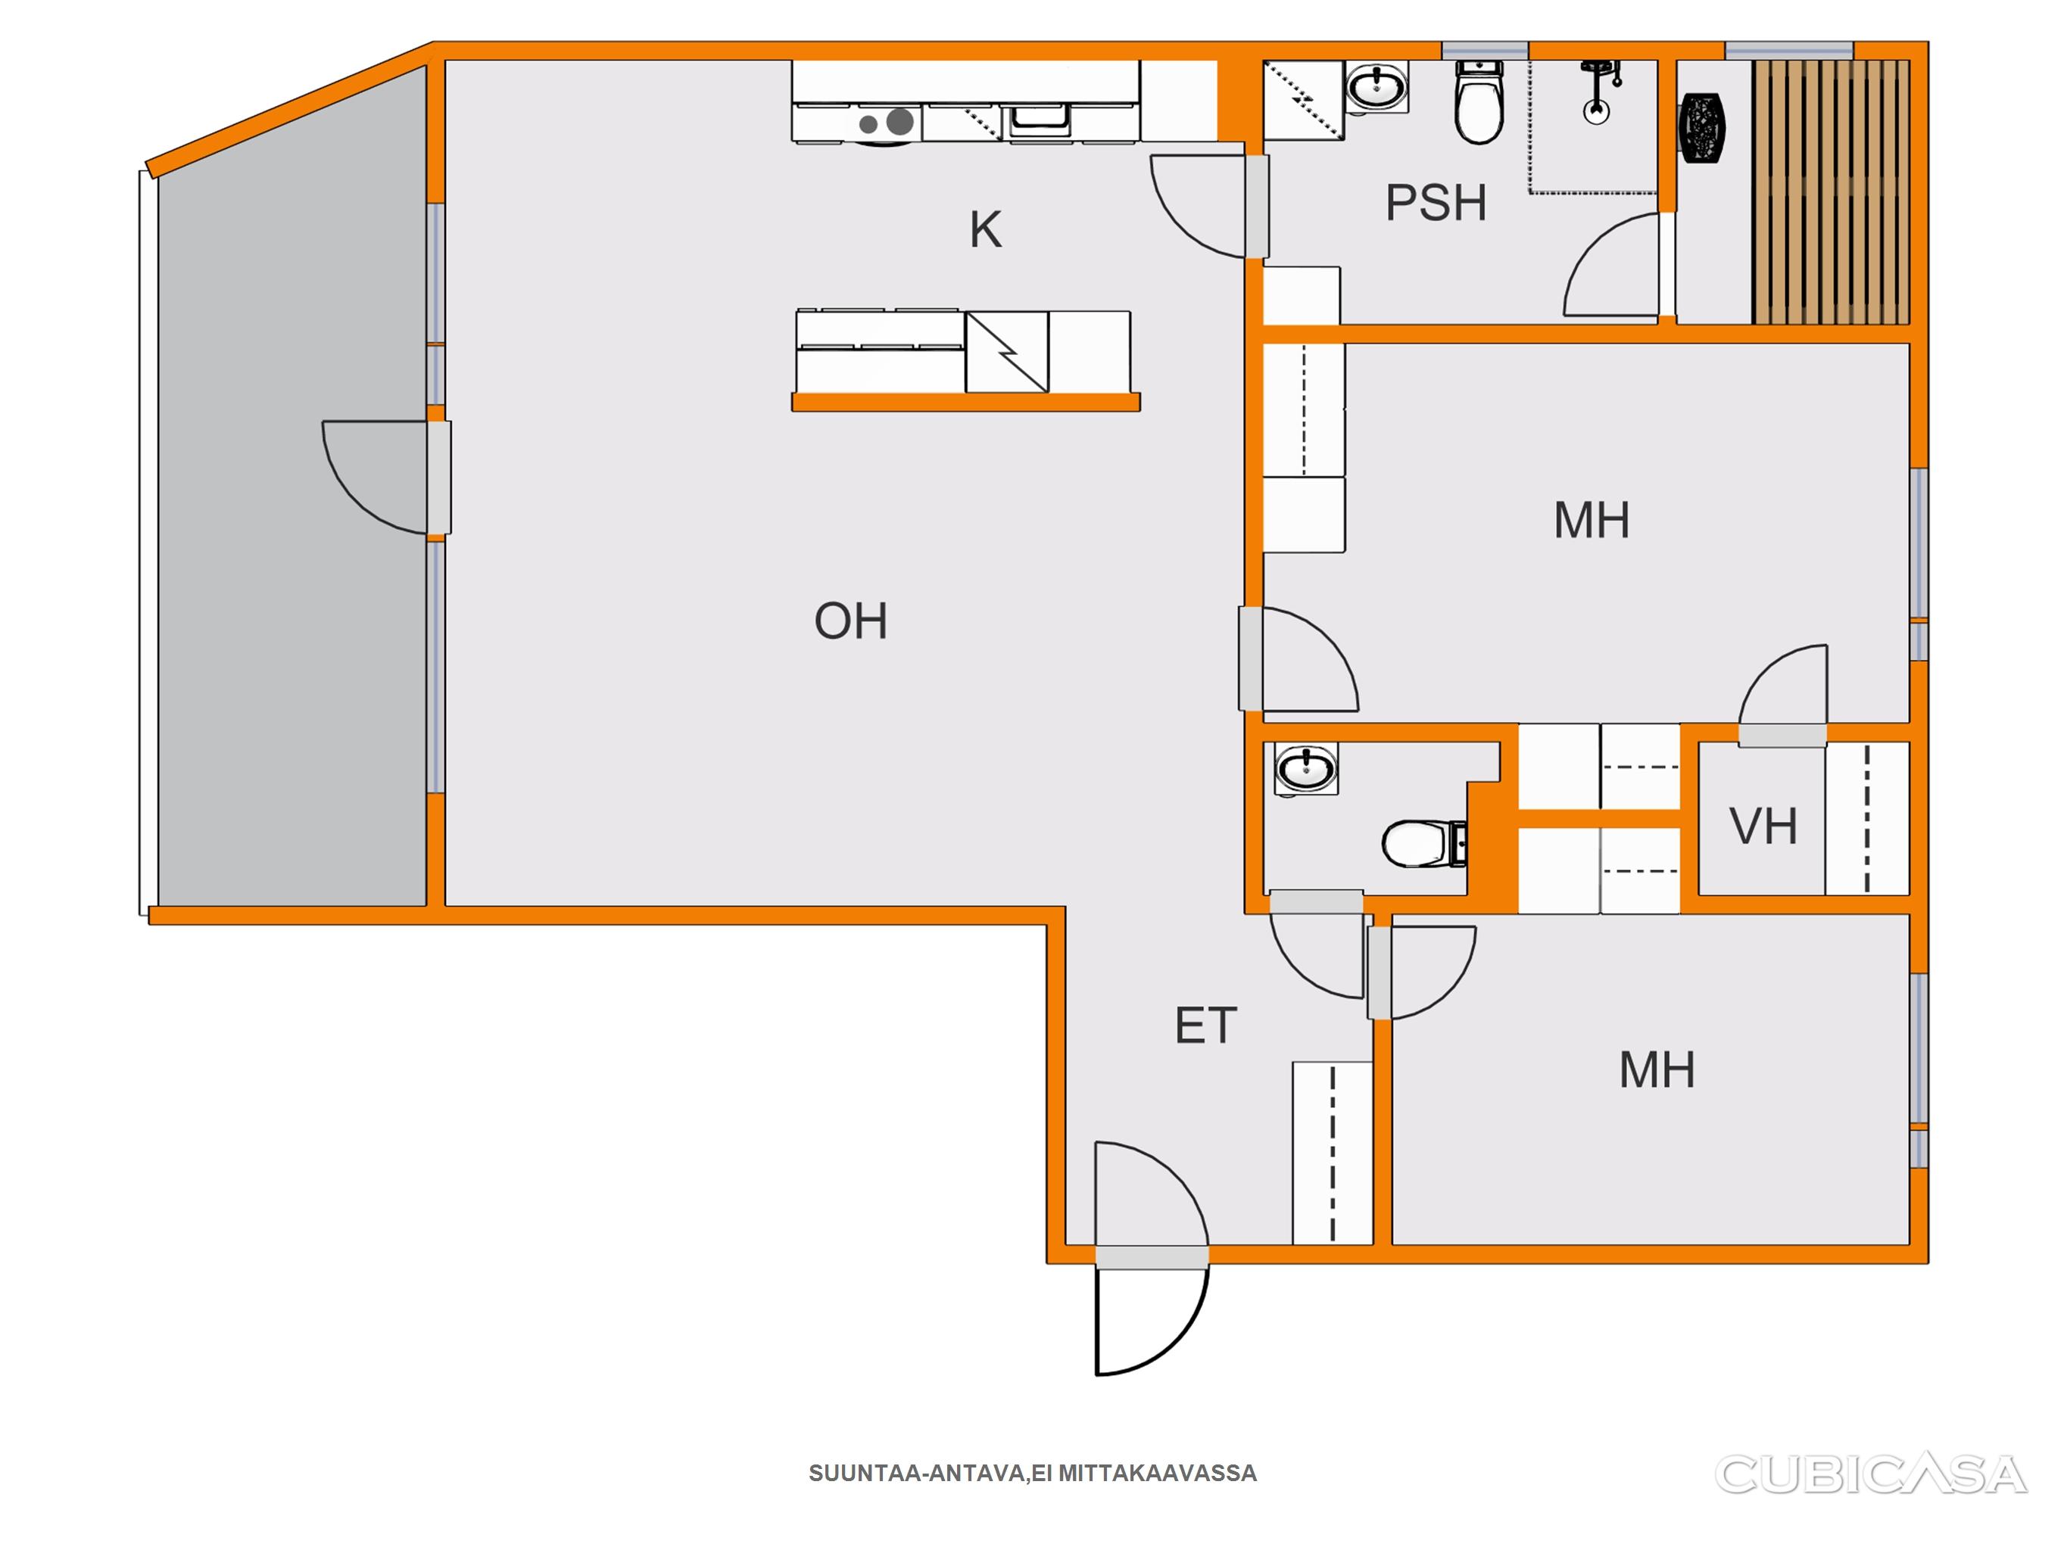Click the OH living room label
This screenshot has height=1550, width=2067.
point(850,621)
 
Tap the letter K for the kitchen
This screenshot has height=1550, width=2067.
point(986,230)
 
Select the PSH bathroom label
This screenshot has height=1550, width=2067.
point(1436,203)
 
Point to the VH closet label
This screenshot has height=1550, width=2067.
point(1763,826)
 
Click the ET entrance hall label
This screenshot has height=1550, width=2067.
point(1205,1026)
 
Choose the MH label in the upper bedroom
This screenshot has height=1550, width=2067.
point(1592,521)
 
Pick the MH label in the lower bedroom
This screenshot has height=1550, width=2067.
point(1657,1069)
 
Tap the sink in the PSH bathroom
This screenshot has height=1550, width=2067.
point(1377,88)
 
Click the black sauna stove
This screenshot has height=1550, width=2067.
point(1703,129)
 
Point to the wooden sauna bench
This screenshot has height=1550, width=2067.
point(1831,191)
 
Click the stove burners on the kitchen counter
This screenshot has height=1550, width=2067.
point(887,123)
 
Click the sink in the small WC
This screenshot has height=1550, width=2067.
point(1306,770)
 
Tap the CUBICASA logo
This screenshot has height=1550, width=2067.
point(1870,1474)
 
